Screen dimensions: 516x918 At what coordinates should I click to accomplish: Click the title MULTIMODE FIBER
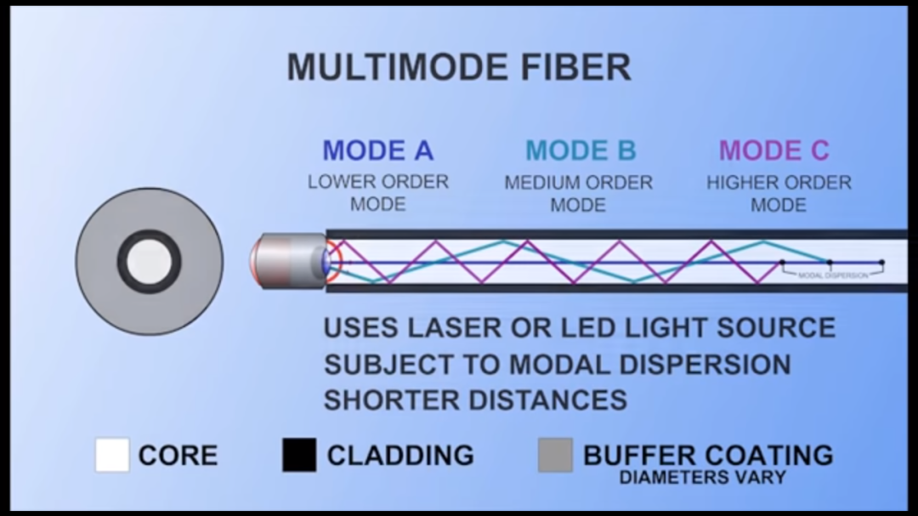tap(458, 67)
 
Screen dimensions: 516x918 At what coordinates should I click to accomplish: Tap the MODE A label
tap(377, 151)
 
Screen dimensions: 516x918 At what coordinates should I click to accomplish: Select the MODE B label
tap(581, 151)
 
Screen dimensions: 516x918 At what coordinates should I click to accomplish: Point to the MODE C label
tap(773, 151)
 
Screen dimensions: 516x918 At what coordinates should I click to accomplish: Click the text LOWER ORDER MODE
tap(377, 193)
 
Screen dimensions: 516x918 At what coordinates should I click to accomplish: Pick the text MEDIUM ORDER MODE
tap(578, 193)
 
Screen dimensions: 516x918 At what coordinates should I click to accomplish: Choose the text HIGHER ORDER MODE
tap(779, 193)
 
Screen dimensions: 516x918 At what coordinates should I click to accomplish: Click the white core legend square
tap(112, 456)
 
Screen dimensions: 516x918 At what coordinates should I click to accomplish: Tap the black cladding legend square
tap(299, 456)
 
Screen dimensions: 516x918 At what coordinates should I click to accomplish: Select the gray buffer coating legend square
tap(555, 456)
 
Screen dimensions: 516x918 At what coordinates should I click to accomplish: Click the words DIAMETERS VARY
tap(702, 478)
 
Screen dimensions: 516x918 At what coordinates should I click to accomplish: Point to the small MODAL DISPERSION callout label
tap(833, 275)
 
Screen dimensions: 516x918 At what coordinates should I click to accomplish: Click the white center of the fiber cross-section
tap(150, 261)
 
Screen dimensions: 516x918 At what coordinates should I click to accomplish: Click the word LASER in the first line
tap(462, 328)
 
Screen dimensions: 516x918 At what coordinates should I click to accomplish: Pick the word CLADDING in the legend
tap(400, 456)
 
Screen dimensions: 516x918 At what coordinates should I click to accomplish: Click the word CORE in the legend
tap(178, 456)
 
